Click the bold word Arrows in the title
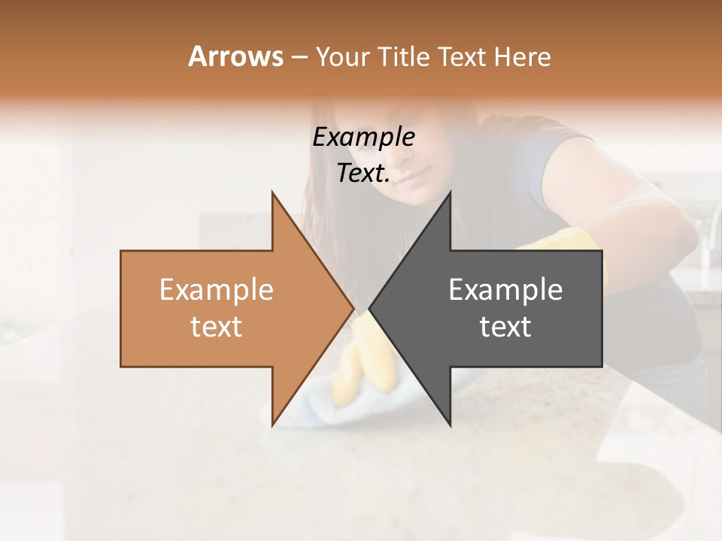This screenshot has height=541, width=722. [x=235, y=57]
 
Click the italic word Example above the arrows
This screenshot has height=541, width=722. [x=364, y=138]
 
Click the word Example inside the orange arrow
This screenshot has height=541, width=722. [x=217, y=290]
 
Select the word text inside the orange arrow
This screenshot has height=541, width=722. [x=217, y=327]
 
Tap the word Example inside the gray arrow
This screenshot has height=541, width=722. [x=505, y=290]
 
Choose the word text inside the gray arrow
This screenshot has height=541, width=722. [x=505, y=327]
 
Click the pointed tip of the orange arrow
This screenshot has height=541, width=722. [x=352, y=308]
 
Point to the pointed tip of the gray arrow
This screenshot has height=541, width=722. [x=370, y=308]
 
